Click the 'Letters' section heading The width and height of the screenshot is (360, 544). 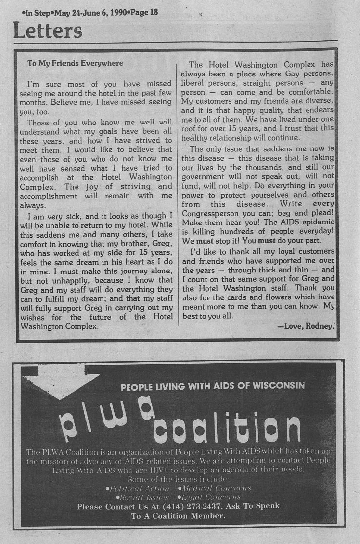[48, 31]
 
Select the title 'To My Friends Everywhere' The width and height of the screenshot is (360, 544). [75, 63]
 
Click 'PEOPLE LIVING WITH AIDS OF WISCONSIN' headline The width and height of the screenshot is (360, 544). [212, 386]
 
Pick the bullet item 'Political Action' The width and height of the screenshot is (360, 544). [138, 488]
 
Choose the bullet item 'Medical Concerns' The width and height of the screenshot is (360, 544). [214, 488]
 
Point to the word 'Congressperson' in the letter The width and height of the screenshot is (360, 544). [209, 214]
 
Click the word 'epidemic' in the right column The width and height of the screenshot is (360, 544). [315, 223]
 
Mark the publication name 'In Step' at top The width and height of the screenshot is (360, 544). [35, 12]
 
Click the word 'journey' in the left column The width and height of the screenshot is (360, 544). [114, 271]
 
